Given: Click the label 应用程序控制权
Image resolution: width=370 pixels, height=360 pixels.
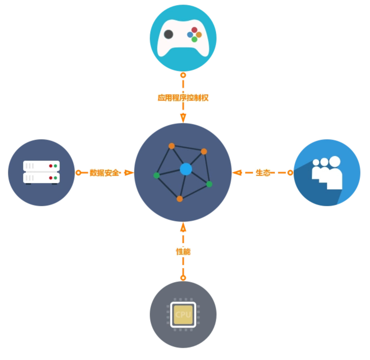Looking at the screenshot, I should click(183, 98).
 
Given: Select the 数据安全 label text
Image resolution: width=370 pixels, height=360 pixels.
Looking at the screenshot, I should click(104, 173).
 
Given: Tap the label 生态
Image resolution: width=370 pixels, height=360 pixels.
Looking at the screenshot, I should click(263, 173).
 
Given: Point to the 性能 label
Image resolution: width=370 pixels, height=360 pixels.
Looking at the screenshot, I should click(183, 252).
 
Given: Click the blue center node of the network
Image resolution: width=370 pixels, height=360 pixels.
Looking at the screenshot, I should click(186, 169).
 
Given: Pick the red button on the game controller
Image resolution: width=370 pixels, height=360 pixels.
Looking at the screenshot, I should click(194, 30).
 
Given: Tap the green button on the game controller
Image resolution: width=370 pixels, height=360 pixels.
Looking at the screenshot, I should click(194, 39).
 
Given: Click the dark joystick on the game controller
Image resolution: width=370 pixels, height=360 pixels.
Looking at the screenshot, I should click(169, 34).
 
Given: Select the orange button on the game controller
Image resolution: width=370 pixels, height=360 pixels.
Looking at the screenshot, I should click(199, 35).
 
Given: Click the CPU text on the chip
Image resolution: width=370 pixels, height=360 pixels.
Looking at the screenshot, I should click(183, 314).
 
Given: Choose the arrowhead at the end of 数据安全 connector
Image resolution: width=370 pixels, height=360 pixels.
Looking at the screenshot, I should click(129, 173).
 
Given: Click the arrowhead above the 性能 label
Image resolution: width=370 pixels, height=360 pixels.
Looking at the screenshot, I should click(183, 227).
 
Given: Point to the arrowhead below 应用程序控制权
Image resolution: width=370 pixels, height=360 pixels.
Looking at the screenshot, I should click(183, 117).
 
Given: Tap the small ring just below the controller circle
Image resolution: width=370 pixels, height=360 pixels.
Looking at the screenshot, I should click(183, 75).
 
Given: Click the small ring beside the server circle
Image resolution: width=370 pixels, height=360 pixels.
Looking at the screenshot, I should click(78, 173).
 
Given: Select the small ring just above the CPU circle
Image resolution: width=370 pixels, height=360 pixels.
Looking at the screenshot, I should click(183, 278).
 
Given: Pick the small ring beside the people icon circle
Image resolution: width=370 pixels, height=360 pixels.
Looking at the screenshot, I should click(290, 173).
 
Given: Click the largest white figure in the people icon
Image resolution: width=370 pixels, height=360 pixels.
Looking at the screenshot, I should click(335, 175).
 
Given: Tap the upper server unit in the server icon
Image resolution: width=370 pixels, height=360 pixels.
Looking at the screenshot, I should click(41, 166).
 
